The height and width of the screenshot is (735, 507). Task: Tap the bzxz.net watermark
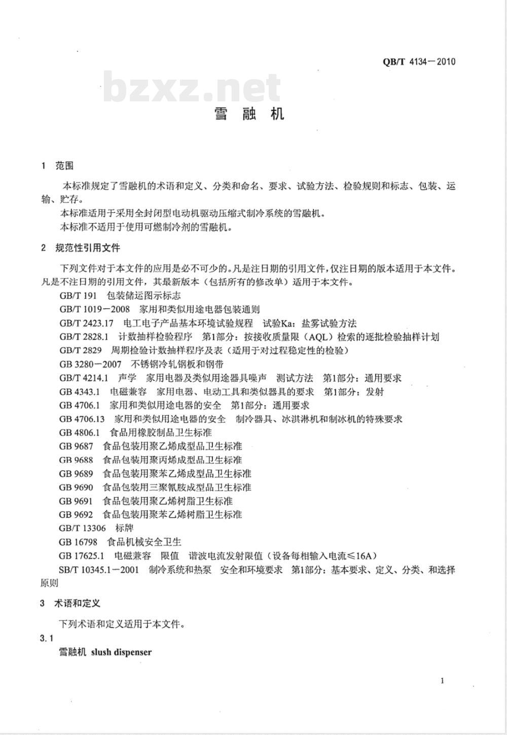192,88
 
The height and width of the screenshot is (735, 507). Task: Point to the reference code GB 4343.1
80,391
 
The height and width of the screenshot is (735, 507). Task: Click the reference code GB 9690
76,487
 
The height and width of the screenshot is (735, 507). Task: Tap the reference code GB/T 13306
83,528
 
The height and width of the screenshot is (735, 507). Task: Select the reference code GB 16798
78,542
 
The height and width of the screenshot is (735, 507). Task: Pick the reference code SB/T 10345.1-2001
99,570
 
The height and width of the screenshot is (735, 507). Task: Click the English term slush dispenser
122,652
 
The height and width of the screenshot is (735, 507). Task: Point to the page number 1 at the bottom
442,681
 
